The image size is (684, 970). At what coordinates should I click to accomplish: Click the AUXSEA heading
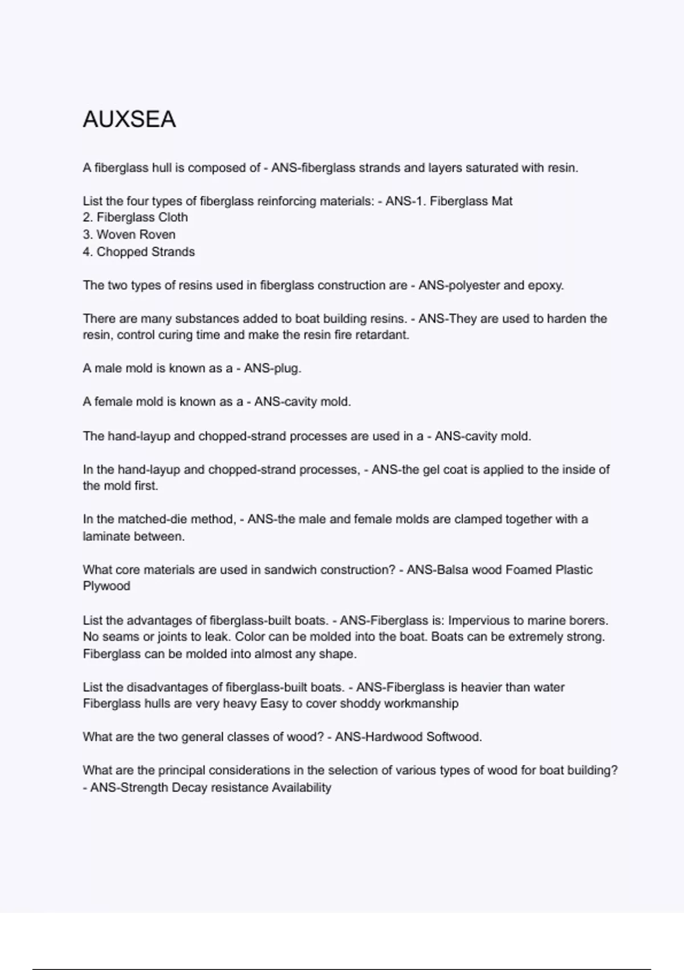click(129, 119)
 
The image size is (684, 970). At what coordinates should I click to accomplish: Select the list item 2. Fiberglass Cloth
click(135, 217)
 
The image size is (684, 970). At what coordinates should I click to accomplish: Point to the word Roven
click(158, 235)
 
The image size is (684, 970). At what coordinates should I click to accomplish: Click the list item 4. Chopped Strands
click(139, 252)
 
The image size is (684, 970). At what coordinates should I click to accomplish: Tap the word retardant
click(382, 335)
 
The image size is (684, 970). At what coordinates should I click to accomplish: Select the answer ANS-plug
click(272, 369)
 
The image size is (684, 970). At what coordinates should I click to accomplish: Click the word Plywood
click(107, 586)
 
